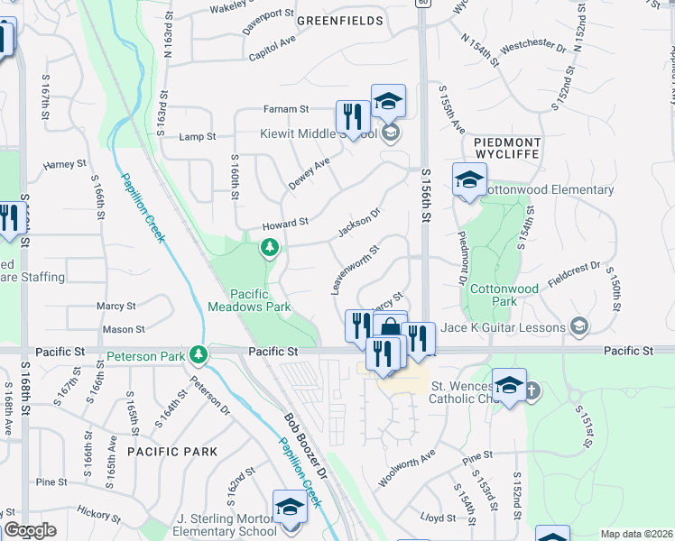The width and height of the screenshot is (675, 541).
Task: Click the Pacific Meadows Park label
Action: click(x=261, y=300)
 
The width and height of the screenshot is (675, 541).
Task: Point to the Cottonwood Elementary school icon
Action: click(x=469, y=180)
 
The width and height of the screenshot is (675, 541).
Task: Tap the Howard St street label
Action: click(x=285, y=222)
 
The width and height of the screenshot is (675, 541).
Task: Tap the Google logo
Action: click(x=30, y=531)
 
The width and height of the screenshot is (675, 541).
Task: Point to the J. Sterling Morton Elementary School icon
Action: click(x=290, y=508)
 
